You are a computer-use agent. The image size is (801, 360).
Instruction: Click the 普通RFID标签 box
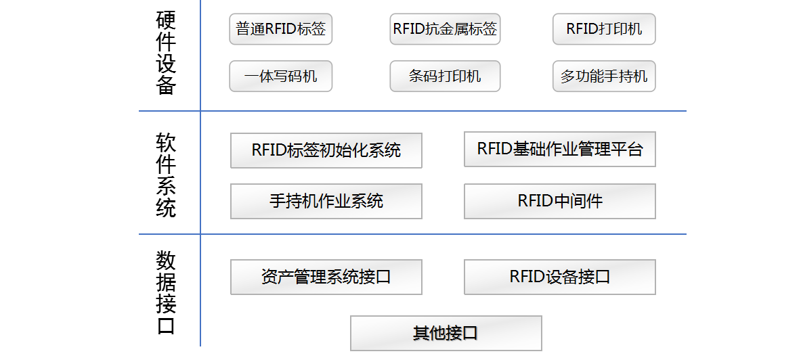280,29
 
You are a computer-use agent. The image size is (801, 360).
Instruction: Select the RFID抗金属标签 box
445,29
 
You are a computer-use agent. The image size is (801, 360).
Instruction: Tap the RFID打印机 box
604,29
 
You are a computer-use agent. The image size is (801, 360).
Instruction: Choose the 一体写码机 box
280,76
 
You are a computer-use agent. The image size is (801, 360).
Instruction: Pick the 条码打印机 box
445,76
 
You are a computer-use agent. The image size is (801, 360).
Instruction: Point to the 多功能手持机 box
604,76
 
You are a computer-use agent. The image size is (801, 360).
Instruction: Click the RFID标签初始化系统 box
326,150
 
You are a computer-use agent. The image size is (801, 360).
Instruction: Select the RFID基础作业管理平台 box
559,149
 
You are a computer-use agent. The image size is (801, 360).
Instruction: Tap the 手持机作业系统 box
326,201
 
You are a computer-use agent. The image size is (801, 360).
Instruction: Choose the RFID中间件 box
559,201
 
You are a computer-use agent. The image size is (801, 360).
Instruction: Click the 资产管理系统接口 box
326,277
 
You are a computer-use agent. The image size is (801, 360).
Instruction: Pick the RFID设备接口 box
559,277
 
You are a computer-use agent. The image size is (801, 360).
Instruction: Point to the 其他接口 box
446,333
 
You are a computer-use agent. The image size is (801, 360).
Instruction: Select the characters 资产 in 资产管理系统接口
278,277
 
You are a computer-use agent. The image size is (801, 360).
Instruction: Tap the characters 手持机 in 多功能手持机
626,76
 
